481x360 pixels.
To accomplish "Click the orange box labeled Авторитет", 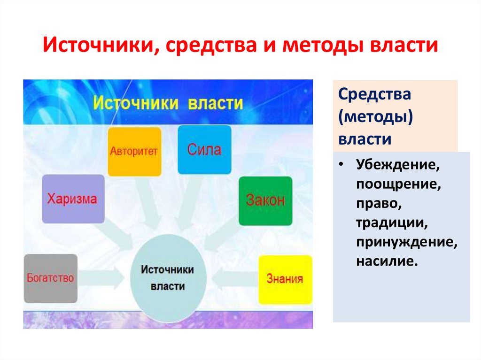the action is click(x=134, y=151).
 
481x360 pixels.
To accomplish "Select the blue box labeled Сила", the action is click(x=204, y=150).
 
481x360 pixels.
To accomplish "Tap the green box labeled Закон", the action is click(x=265, y=200).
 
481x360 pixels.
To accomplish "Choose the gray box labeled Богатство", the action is click(x=50, y=278).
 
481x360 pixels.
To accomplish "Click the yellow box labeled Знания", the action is click(x=285, y=279).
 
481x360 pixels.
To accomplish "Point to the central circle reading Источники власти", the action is click(x=168, y=278).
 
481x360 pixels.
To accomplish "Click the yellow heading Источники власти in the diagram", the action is click(x=168, y=103).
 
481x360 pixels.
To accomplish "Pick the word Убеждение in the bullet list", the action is click(x=394, y=165).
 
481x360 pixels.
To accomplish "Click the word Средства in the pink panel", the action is click(x=374, y=94).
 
